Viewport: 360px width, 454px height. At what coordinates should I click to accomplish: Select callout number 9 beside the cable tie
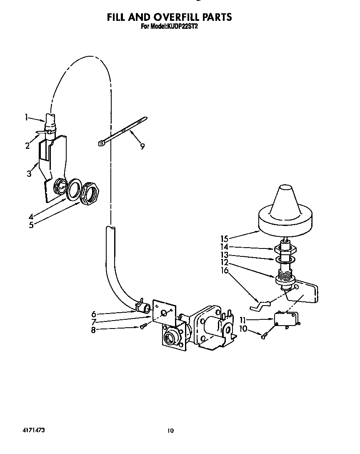click(x=142, y=146)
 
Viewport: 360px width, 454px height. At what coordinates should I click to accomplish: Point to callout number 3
click(x=29, y=173)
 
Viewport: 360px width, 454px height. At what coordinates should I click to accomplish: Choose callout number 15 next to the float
click(x=225, y=239)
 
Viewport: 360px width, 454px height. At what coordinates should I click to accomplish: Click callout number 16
click(x=225, y=270)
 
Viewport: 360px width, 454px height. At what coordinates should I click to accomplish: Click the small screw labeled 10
click(x=264, y=335)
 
